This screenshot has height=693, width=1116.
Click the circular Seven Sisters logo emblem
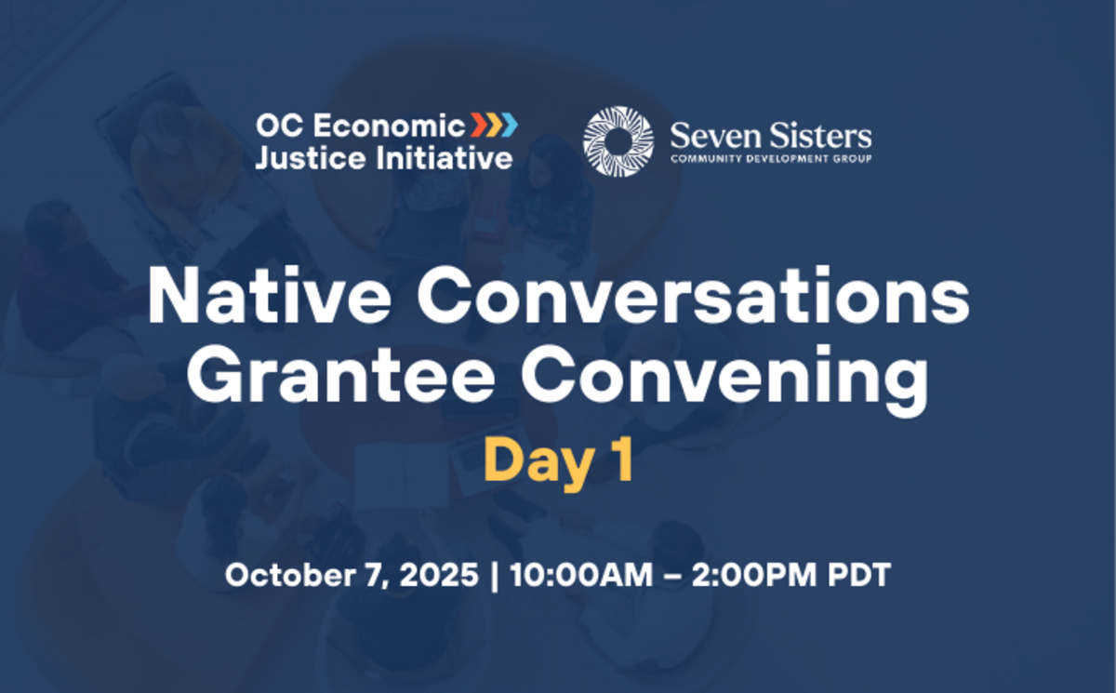(618, 140)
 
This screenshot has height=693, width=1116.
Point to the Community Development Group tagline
(771, 159)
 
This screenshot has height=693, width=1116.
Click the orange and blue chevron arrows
(493, 124)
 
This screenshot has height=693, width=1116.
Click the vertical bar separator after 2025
(492, 574)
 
